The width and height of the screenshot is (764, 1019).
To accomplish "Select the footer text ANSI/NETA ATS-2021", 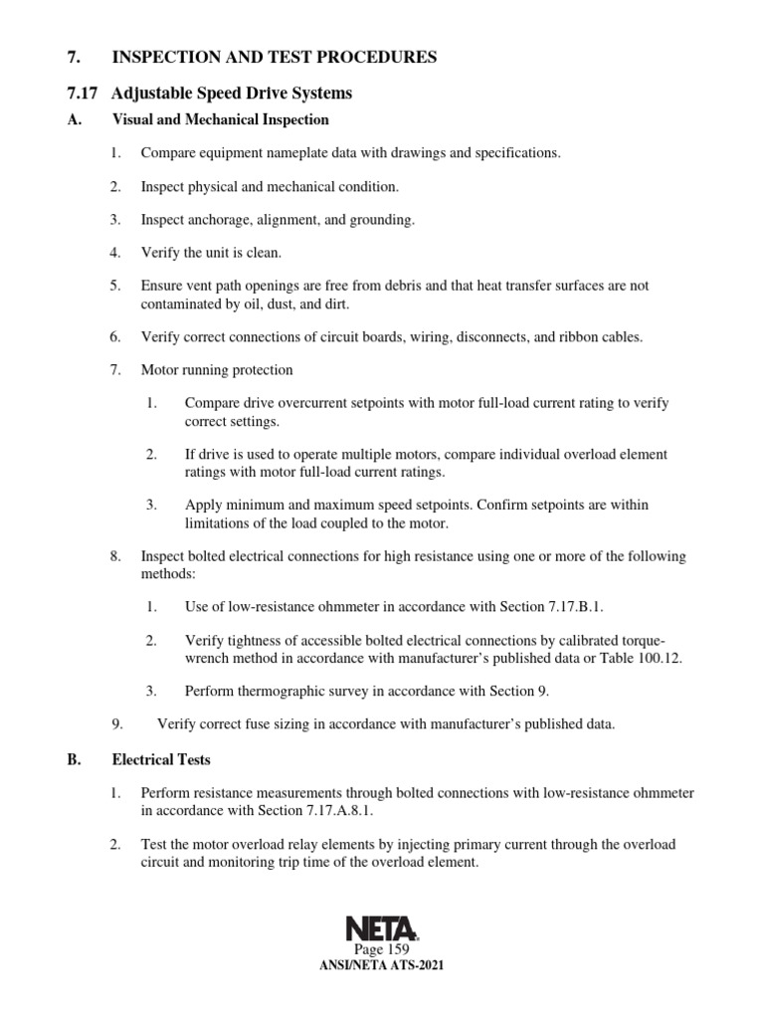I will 382,967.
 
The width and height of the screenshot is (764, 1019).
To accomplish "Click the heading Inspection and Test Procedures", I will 274,58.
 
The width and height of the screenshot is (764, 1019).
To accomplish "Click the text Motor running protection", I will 217,370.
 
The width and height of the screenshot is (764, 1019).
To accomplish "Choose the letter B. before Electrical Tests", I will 73,760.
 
